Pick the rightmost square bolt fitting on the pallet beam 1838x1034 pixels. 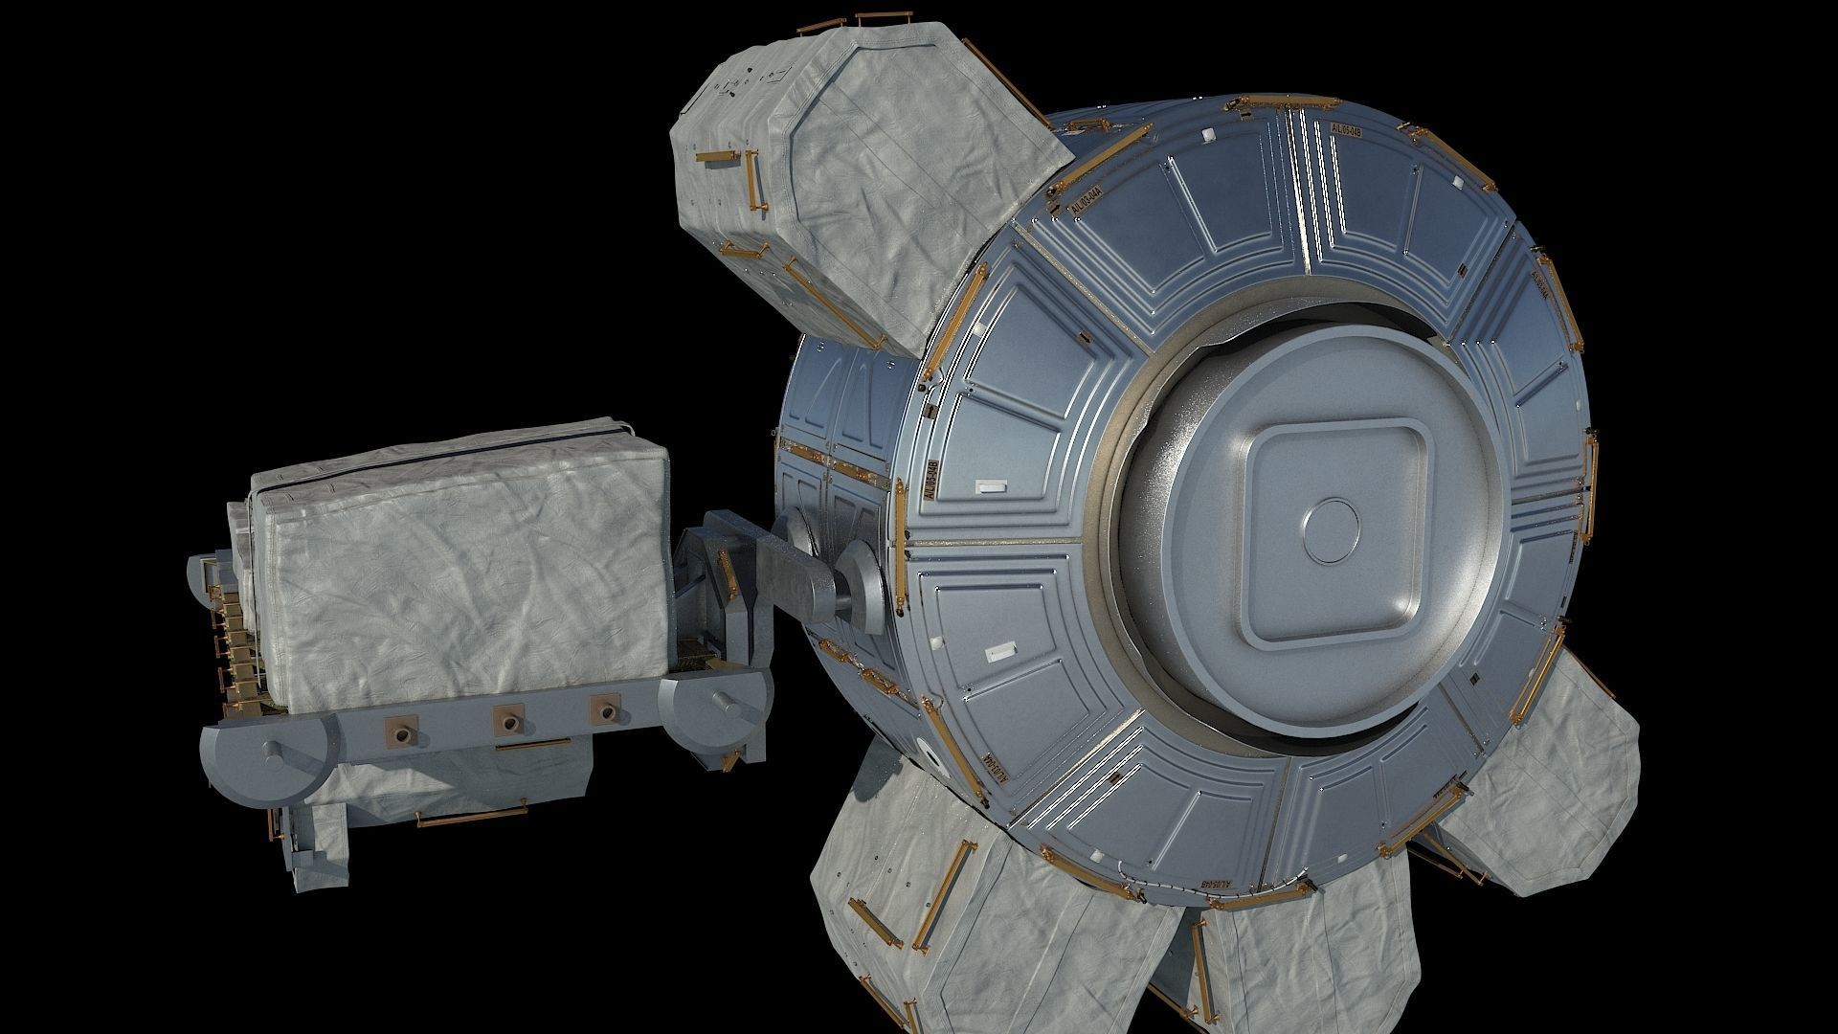pyautogui.click(x=604, y=708)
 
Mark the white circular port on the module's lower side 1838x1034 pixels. pyautogui.click(x=920, y=749)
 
